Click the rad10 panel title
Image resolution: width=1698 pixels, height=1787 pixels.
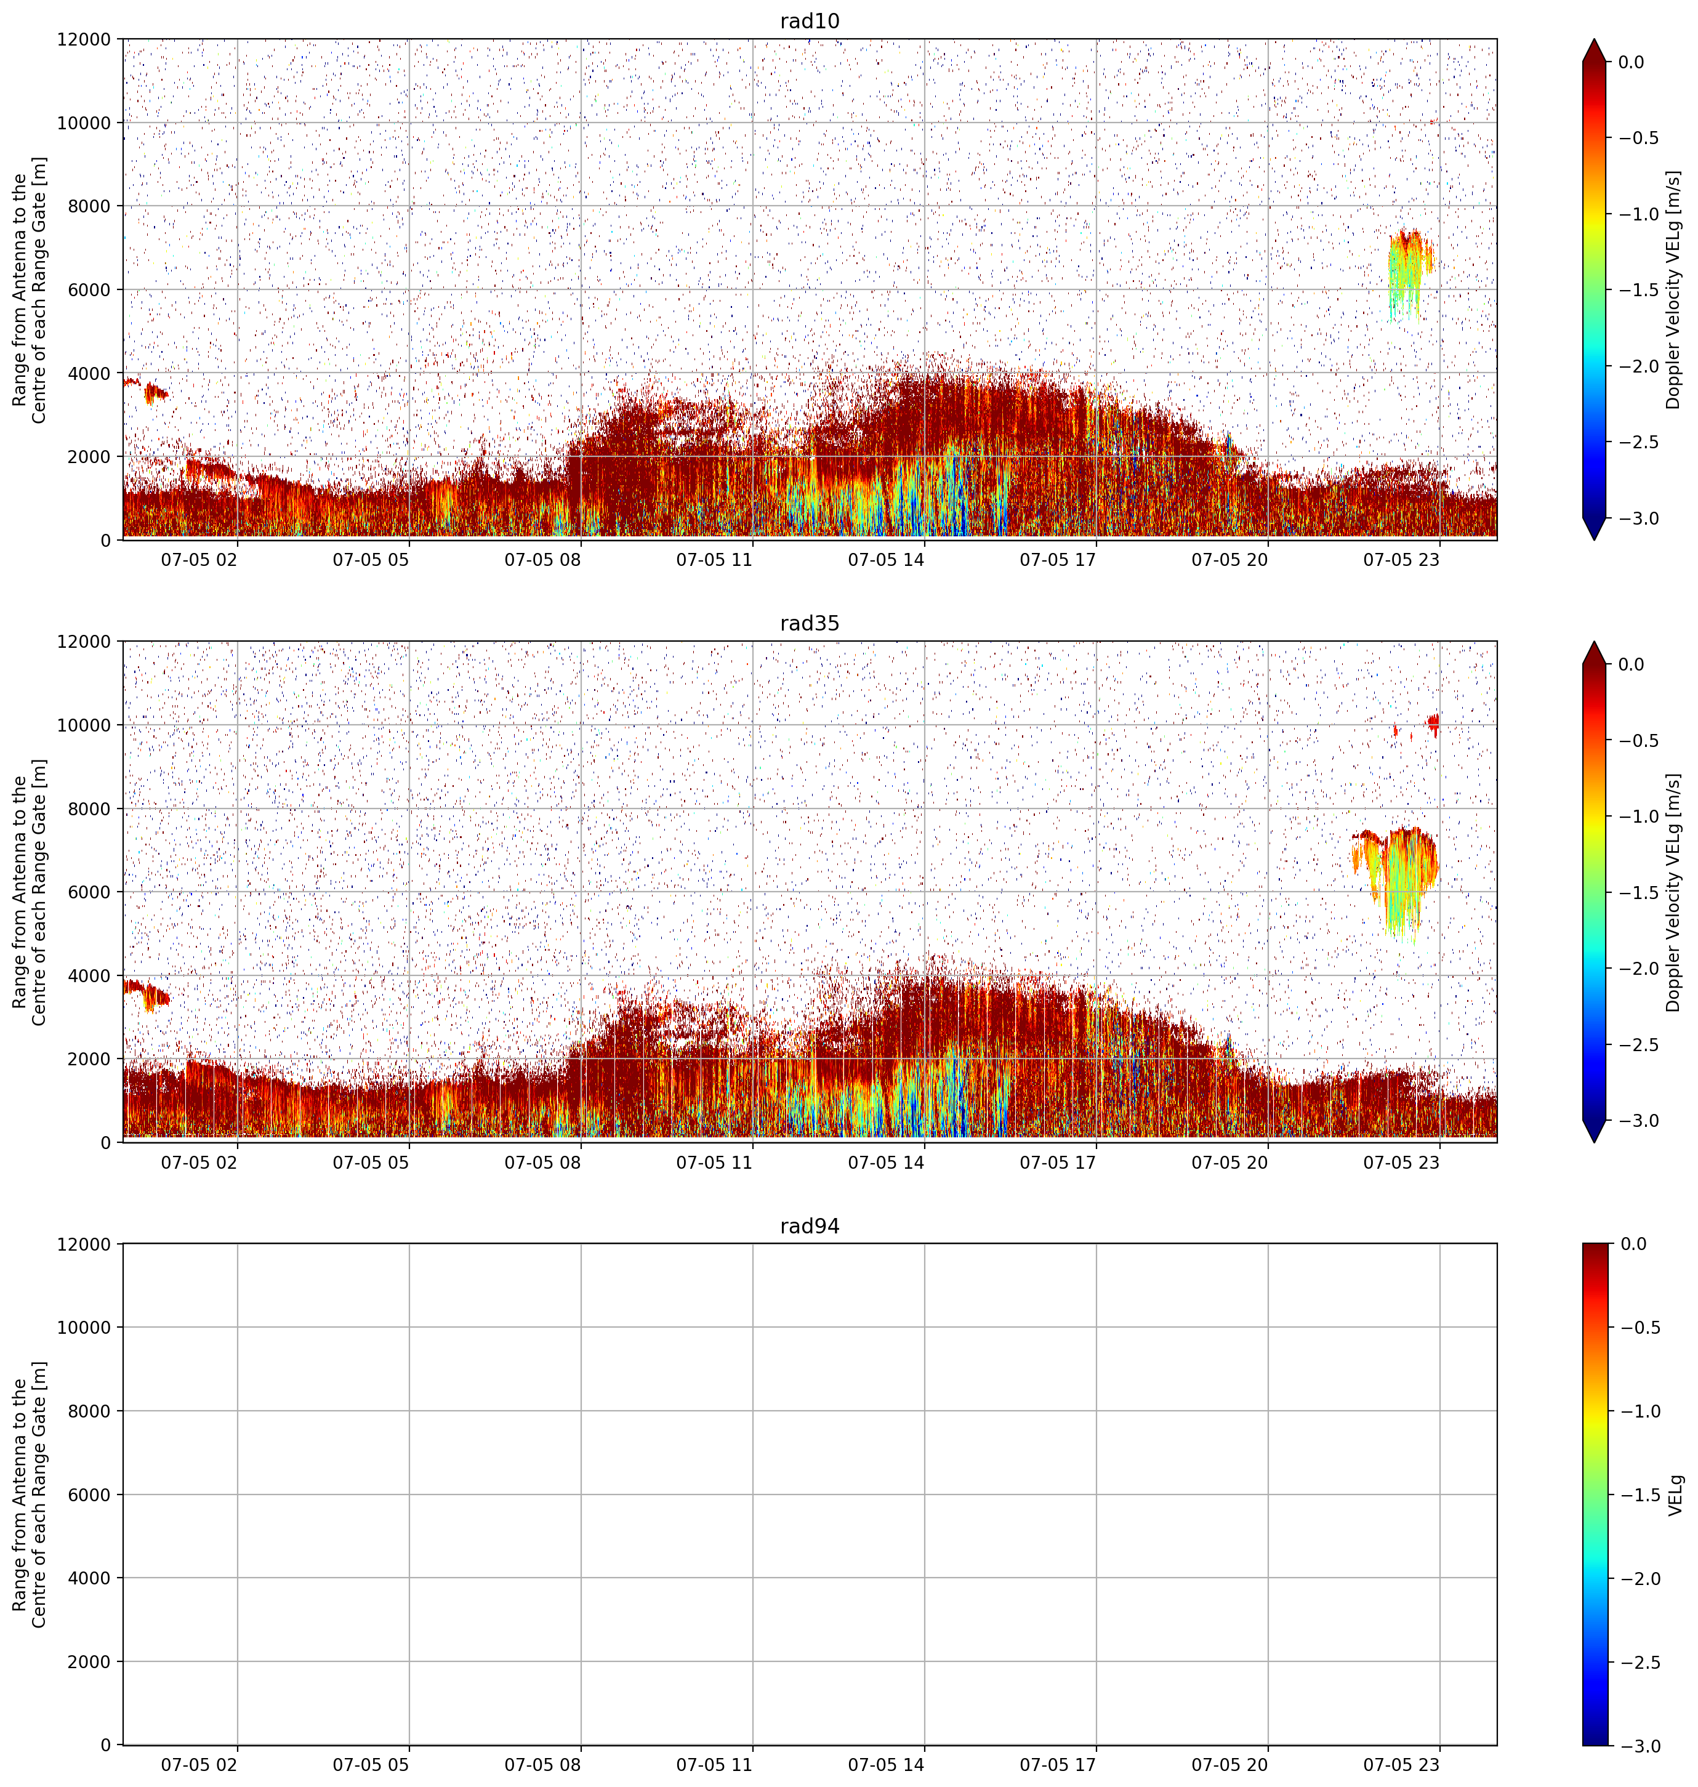(809, 21)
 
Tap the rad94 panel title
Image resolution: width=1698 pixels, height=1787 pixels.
(809, 1226)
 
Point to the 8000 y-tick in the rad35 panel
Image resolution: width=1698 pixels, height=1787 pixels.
(91, 809)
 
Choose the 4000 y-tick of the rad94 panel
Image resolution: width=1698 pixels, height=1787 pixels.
(91, 1578)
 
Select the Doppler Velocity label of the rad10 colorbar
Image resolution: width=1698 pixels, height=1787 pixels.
(1675, 289)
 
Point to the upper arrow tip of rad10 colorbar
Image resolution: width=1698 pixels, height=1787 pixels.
(1594, 39)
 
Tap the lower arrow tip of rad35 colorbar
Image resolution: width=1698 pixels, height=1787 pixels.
(1594, 1142)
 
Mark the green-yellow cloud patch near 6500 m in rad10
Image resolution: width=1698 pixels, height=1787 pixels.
(1409, 272)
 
